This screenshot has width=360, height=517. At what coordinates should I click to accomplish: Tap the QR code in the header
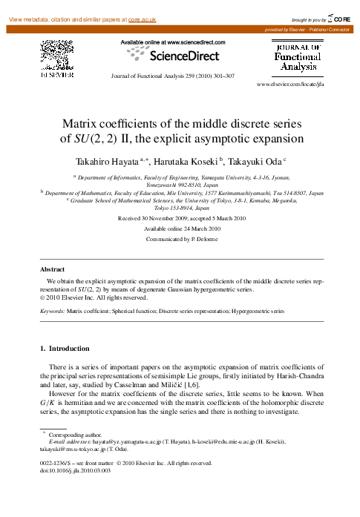tap(56, 54)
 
